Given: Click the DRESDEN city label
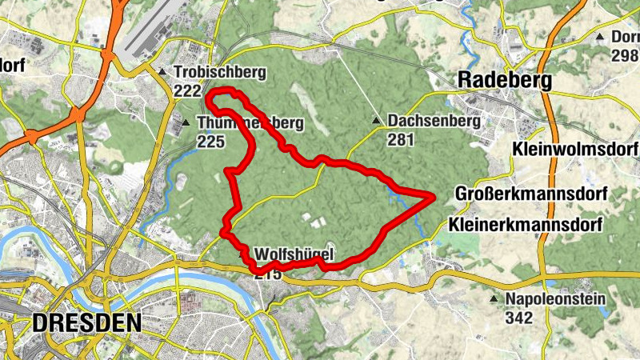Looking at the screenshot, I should click(x=87, y=323).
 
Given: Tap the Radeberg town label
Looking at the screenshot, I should click(x=506, y=80).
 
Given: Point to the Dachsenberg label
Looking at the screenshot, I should click(x=434, y=121).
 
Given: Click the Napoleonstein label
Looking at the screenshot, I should click(x=555, y=299).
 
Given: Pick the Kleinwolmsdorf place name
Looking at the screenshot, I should click(x=575, y=150).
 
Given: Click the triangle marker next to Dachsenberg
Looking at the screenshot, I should click(x=377, y=122).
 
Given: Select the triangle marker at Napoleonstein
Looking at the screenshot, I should click(x=494, y=300).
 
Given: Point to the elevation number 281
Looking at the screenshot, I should click(x=401, y=139).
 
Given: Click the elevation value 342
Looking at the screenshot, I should click(x=518, y=318).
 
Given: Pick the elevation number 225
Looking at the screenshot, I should click(x=210, y=142).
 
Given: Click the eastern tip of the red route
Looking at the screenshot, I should click(x=433, y=195).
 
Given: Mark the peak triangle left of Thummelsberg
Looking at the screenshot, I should click(x=186, y=123).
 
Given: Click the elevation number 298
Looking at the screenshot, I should click(x=624, y=54).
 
